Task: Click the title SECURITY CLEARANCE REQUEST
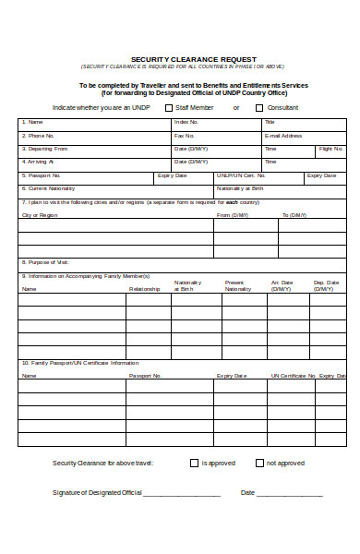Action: pyautogui.click(x=180, y=58)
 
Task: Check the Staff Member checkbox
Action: pyautogui.click(x=169, y=108)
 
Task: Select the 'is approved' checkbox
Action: pyautogui.click(x=194, y=463)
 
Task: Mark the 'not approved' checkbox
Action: pyautogui.click(x=259, y=463)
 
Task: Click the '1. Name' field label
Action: pyautogui.click(x=34, y=122)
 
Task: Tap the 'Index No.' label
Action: pyautogui.click(x=186, y=122)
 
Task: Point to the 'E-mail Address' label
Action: pyautogui.click(x=283, y=136)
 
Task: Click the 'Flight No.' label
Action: pyautogui.click(x=331, y=149)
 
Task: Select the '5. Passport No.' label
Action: pyautogui.click(x=42, y=175)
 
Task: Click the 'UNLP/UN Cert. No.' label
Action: pyautogui.click(x=241, y=175)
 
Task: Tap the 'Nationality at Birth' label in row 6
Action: pyautogui.click(x=240, y=187)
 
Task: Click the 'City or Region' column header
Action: pyautogui.click(x=40, y=215)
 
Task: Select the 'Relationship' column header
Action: pyautogui.click(x=145, y=289)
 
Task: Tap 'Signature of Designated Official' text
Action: pyautogui.click(x=97, y=493)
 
